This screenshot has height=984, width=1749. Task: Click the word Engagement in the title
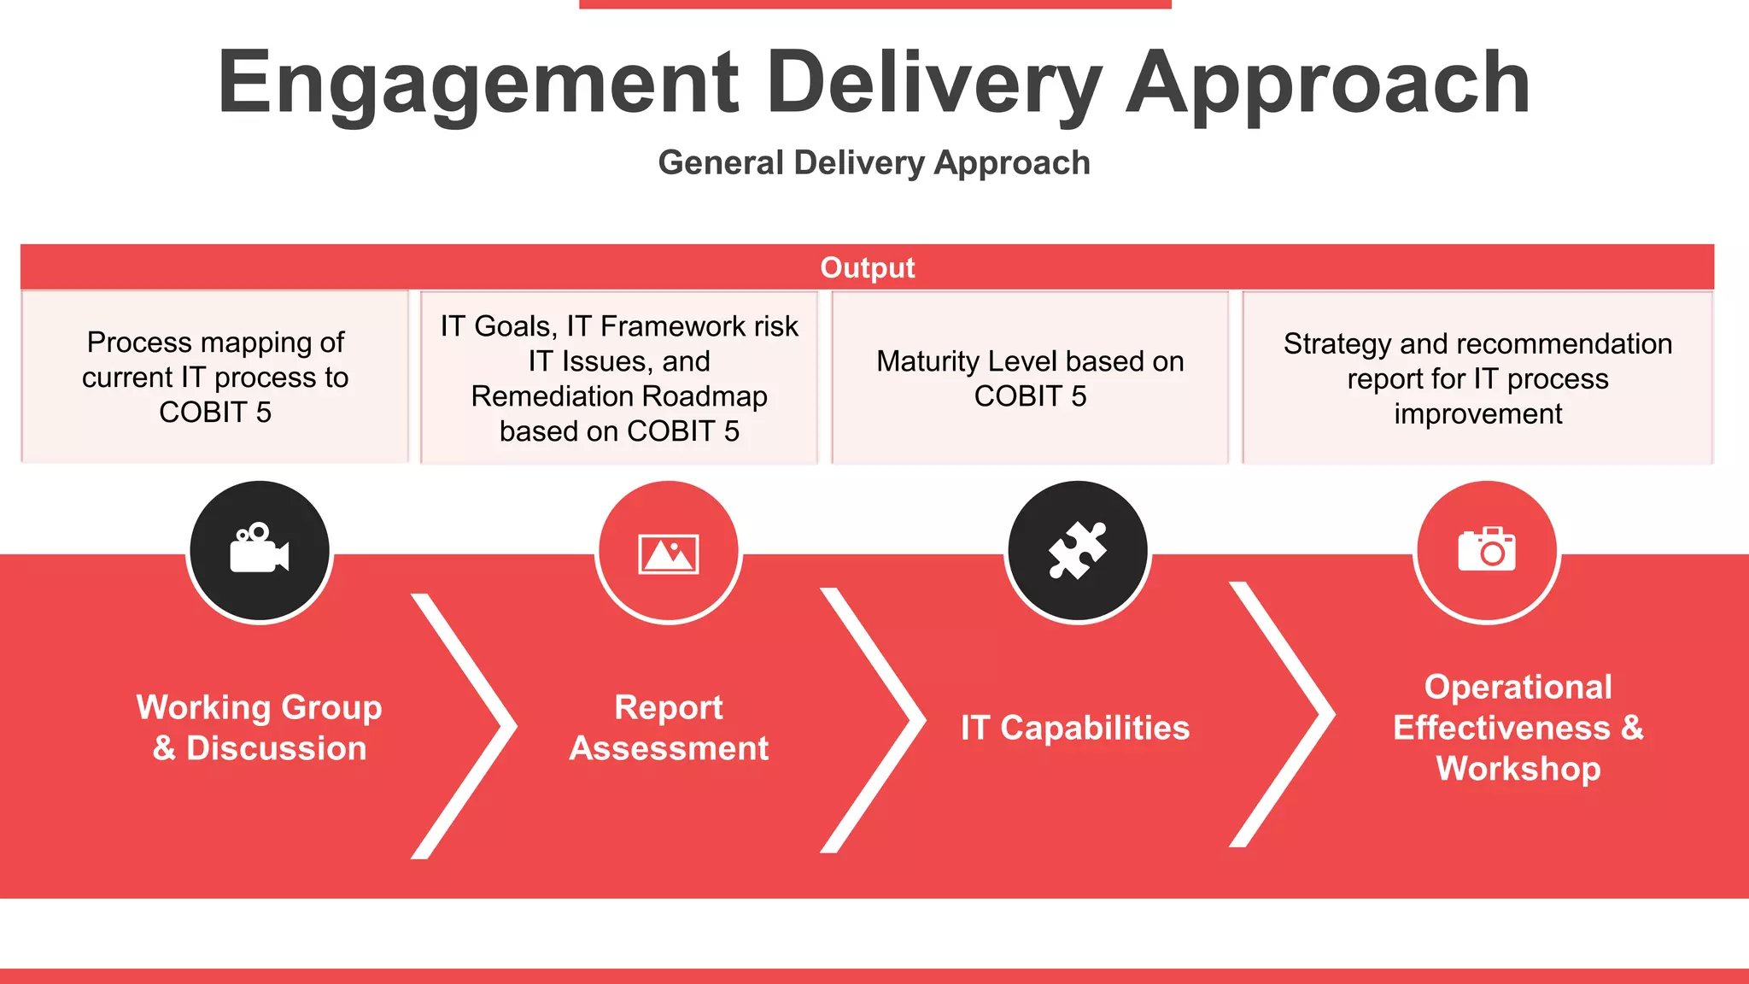click(478, 83)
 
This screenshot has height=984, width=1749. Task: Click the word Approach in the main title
click(1328, 83)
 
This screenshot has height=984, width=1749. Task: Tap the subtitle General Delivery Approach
click(874, 162)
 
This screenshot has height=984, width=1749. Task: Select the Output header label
click(867, 267)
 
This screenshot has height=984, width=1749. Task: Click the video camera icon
click(260, 550)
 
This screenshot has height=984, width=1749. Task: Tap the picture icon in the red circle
click(669, 553)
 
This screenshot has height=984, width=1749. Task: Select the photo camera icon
click(1487, 549)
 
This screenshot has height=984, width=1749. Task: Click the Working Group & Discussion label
click(260, 727)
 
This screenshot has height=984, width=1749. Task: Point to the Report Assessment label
click(669, 727)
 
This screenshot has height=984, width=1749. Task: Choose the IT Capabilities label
click(1075, 728)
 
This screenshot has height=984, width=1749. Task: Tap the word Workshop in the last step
click(1518, 769)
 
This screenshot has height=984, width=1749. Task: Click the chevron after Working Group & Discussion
click(478, 726)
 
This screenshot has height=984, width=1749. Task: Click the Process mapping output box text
click(215, 377)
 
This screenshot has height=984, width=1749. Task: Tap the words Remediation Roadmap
click(619, 396)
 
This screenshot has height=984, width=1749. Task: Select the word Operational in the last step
click(1518, 687)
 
